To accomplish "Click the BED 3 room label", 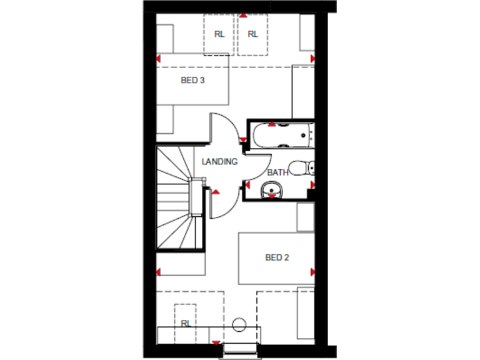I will click(192, 80).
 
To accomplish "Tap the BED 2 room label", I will click(277, 257).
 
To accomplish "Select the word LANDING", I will click(219, 162).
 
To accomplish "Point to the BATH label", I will click(278, 172).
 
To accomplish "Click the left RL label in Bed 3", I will click(219, 34).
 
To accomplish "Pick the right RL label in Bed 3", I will click(252, 34).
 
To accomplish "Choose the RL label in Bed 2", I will click(186, 324).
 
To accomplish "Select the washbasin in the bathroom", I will click(271, 188).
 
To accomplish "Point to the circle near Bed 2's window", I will click(239, 324).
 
